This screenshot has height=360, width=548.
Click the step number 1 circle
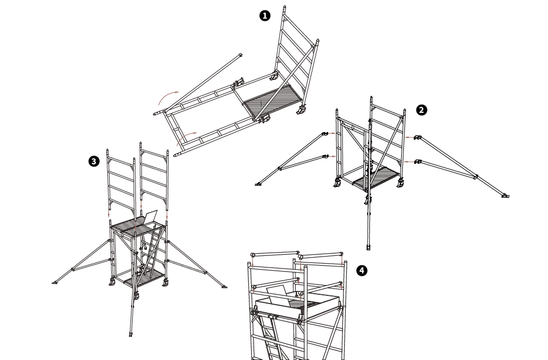click(x=265, y=16)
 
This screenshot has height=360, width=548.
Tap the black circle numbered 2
click(x=421, y=110)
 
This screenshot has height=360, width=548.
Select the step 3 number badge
click(x=94, y=162)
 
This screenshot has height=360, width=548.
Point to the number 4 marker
click(x=362, y=271)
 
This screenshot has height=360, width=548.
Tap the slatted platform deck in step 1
click(x=271, y=101)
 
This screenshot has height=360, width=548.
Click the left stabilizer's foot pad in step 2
click(x=258, y=184)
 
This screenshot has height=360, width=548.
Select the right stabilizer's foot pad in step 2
click(x=505, y=196)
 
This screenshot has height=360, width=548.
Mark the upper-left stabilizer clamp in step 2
click(x=326, y=133)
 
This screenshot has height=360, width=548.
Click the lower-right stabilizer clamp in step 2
click(x=418, y=162)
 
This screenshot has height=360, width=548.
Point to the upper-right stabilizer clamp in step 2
click(x=418, y=138)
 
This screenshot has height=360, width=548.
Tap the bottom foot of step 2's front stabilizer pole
click(x=368, y=248)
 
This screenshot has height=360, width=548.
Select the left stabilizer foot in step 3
click(x=54, y=282)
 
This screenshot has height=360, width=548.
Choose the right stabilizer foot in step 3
click(x=224, y=287)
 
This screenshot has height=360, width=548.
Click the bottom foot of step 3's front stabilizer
click(x=131, y=335)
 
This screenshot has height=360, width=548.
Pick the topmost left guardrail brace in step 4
click(x=276, y=253)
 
